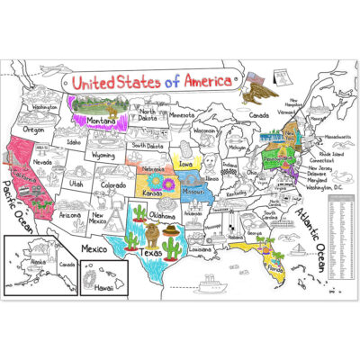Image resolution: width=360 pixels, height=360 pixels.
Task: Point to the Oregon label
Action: point(33,129)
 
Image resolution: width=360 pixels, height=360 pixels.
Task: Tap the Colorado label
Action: point(113,185)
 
